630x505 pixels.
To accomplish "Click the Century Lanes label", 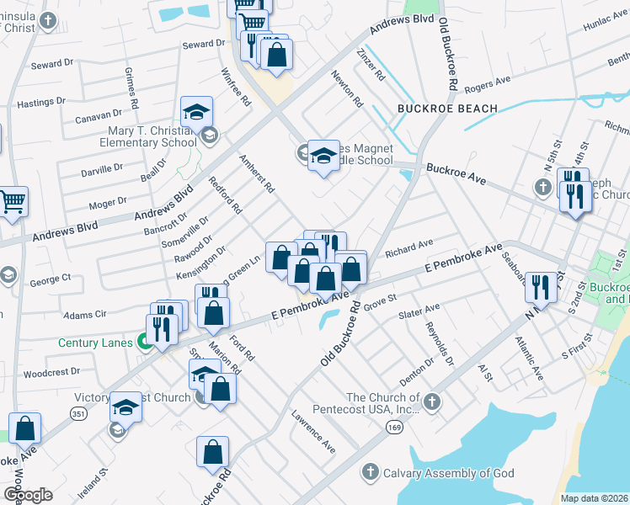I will [96, 343].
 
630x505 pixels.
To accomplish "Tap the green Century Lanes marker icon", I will [144, 343].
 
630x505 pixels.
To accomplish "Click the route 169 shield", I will [393, 428].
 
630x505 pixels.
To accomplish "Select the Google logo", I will [27, 495].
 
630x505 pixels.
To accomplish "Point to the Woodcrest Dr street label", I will [51, 371].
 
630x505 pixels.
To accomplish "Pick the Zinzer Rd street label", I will [371, 64].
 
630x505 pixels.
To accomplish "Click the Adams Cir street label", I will [87, 315].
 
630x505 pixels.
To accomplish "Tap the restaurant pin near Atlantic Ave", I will [540, 286].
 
